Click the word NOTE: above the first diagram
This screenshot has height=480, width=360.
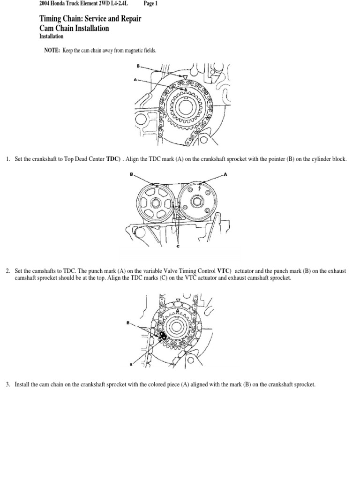tap(52, 51)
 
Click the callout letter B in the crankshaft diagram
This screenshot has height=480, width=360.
tap(138, 66)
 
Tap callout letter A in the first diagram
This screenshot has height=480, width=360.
tap(135, 80)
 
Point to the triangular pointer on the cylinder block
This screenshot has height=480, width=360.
tap(185, 76)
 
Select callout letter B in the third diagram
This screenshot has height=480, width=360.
tap(127, 322)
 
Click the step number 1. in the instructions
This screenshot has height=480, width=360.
tap(8, 159)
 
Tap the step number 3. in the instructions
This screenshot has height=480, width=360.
tap(8, 385)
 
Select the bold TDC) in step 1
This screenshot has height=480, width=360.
tap(114, 159)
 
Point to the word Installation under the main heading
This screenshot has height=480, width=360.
tap(52, 36)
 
